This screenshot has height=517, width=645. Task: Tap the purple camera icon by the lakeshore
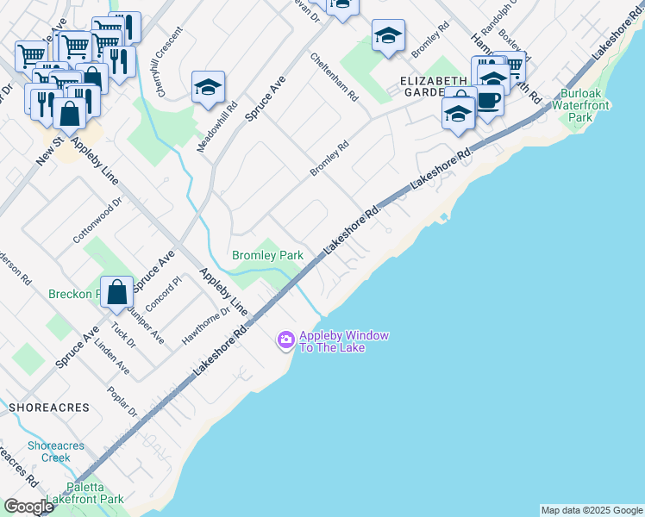[285, 341]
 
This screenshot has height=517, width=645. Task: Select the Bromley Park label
[267, 256]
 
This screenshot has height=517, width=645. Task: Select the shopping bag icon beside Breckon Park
[116, 293]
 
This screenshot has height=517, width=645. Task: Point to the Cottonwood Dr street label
[98, 224]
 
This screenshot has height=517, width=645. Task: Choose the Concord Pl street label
[166, 292]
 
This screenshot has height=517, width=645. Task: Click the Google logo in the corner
[28, 507]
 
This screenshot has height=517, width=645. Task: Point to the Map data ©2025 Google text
[592, 510]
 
